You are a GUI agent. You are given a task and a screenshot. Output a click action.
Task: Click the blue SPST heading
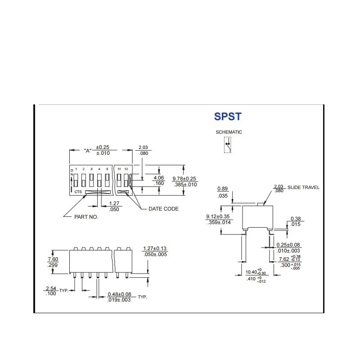pyautogui.click(x=228, y=117)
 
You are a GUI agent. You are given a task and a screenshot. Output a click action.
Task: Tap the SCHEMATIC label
pyautogui.click(x=229, y=132)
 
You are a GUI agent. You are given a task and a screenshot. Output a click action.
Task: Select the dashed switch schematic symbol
pyautogui.click(x=228, y=145)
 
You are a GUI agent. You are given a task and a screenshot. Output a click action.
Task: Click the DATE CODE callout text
pyautogui.click(x=163, y=209)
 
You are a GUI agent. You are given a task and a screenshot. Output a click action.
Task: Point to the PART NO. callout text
pyautogui.click(x=86, y=217)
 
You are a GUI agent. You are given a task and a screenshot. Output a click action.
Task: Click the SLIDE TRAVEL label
pyautogui.click(x=303, y=187)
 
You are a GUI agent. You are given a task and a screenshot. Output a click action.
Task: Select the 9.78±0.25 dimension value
pyautogui.click(x=184, y=179)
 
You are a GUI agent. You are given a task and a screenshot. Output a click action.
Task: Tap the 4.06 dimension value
pyautogui.click(x=159, y=178)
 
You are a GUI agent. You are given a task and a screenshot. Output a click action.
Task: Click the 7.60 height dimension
pyautogui.click(x=53, y=259)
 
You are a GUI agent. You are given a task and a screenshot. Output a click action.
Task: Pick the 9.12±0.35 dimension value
pyautogui.click(x=218, y=216)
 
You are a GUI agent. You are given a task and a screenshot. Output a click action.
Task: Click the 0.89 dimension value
pyautogui.click(x=222, y=189)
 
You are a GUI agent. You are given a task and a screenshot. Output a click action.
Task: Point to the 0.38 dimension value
pyautogui.click(x=296, y=219)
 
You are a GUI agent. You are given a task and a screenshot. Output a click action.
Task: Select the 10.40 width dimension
pyautogui.click(x=251, y=272)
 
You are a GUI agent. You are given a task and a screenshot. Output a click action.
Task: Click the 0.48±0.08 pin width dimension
pyautogui.click(x=119, y=294)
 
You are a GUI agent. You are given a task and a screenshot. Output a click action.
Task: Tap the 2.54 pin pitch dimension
pyautogui.click(x=51, y=288)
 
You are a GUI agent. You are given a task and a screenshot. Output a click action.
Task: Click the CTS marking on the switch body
pyautogui.click(x=78, y=192)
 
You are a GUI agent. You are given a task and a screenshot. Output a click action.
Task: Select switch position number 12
pyautogui.click(x=126, y=169)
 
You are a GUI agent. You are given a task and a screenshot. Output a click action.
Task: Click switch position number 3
pyautogui.click(x=91, y=169)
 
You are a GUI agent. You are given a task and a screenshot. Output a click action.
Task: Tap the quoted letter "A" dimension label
pyautogui.click(x=87, y=151)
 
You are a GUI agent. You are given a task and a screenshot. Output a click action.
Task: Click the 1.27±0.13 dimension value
pyautogui.click(x=155, y=248)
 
